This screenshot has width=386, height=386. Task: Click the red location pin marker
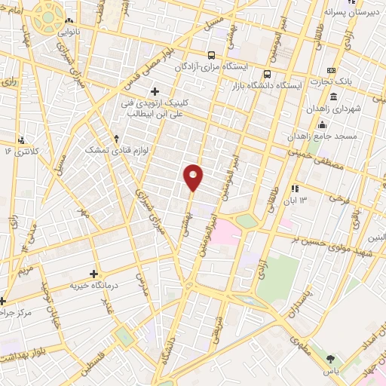[194, 177]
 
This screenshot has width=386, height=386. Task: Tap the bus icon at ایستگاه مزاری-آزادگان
[213, 55]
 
